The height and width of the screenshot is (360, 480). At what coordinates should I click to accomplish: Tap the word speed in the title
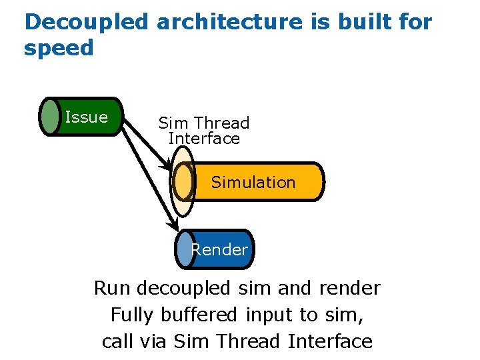tap(59, 48)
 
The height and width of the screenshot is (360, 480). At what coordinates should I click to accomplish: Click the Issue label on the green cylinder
tap(87, 117)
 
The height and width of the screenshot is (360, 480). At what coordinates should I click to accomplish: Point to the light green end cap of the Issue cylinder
tap(50, 117)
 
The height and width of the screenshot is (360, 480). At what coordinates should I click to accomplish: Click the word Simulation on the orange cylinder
tap(253, 182)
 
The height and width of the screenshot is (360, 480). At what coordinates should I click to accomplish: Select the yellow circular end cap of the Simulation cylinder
tap(183, 181)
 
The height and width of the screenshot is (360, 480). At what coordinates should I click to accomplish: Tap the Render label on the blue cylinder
tap(219, 250)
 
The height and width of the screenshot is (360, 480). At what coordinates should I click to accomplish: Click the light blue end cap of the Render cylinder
tap(185, 249)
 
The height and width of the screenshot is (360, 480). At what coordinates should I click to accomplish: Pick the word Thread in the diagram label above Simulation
tap(222, 123)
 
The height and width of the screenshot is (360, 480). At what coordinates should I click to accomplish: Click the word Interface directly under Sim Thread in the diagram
tap(204, 139)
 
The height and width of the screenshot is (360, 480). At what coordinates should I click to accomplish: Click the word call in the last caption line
tap(117, 341)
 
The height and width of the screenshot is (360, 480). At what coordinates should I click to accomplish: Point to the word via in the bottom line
tap(155, 341)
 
